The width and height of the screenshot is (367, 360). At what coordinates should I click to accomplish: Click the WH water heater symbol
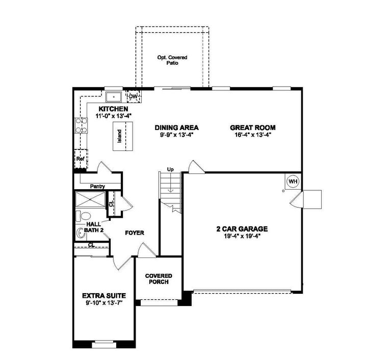coord(293,181)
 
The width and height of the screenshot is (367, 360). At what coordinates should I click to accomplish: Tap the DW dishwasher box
coord(133,96)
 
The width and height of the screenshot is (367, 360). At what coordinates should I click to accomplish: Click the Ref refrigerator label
coord(80,159)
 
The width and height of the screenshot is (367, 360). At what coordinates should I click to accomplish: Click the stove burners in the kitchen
coord(81,125)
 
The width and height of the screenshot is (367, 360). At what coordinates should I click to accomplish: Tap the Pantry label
coord(97,186)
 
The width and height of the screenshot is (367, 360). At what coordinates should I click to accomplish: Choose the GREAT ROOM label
coord(252,127)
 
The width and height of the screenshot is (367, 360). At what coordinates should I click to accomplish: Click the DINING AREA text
coord(176,127)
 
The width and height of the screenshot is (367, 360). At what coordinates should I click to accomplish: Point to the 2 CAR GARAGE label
coord(242,229)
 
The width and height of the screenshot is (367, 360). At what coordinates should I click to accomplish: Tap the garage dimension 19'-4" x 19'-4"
coord(242,236)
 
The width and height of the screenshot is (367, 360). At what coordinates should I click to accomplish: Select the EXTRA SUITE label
coord(104,295)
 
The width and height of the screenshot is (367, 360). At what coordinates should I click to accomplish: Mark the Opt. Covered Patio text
coord(172,61)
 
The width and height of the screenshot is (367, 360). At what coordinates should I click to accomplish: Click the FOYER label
coord(135,233)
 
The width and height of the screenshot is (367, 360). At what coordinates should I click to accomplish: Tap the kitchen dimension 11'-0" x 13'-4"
coord(113,116)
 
